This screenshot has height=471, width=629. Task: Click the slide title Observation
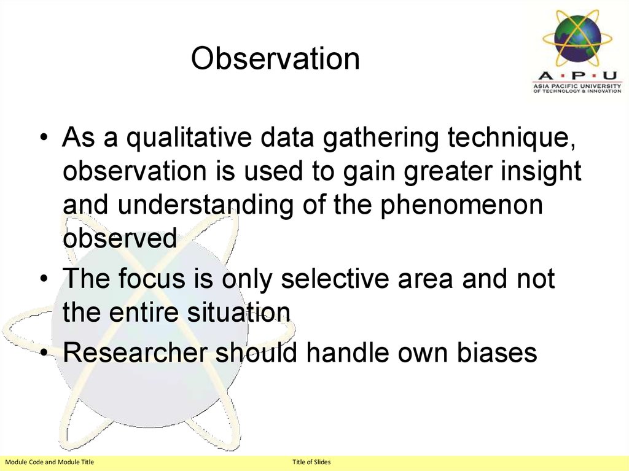[275, 59]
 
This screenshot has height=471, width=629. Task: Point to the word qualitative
[187, 139]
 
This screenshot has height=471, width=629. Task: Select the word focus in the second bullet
[151, 279]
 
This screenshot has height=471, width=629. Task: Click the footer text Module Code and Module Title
[50, 462]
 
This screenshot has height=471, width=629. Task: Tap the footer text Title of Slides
[311, 462]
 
